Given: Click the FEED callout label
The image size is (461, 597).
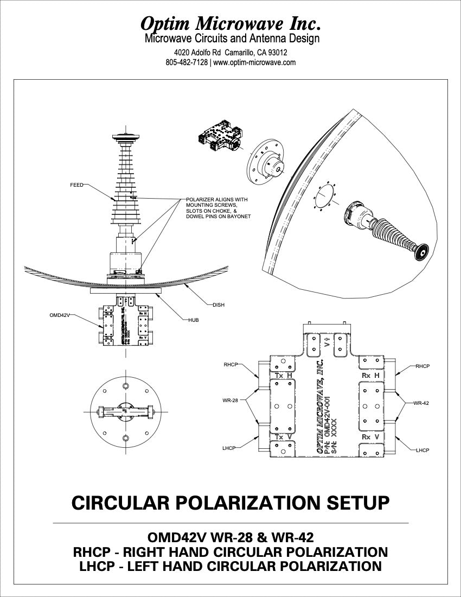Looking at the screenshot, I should [x=76, y=185].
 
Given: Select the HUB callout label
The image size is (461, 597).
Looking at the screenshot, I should [x=194, y=320].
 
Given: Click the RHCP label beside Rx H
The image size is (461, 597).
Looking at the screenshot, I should [x=423, y=366].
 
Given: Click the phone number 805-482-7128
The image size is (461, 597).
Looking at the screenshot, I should [x=187, y=62].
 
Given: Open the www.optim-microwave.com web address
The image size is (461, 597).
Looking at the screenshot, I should [x=254, y=62].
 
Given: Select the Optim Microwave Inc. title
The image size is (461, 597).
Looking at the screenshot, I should [x=230, y=23].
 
